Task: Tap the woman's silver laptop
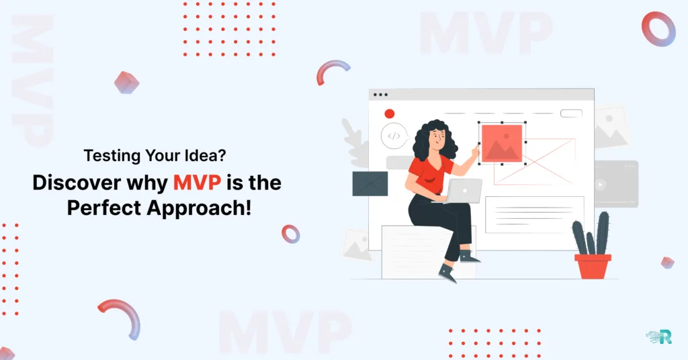coord(464,191)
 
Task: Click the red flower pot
coord(593,265)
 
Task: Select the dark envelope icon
coord(370,183)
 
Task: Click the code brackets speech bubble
coord(394,136)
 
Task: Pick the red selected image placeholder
coord(502,142)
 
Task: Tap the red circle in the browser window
coord(389,114)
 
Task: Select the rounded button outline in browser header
coord(571,114)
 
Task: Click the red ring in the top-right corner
coord(658,29)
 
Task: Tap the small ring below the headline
coord(291,233)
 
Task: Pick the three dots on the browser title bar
coord(380,95)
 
